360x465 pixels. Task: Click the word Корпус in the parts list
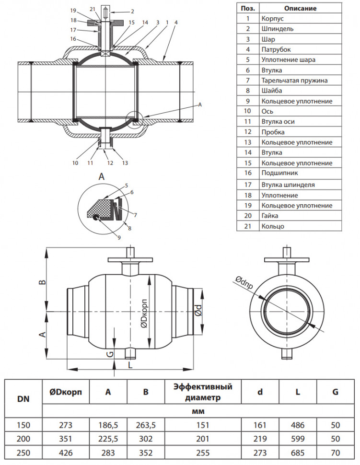pyautogui.click(x=273, y=19)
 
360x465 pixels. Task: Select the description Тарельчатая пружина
pyautogui.click(x=294, y=81)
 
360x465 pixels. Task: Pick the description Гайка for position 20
pyautogui.click(x=270, y=216)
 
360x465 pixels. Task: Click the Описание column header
pyautogui.click(x=301, y=8)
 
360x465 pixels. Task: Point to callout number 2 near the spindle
pyautogui.click(x=132, y=12)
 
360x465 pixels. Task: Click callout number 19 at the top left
pyautogui.click(x=73, y=11)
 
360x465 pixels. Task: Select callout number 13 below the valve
pyautogui.click(x=125, y=163)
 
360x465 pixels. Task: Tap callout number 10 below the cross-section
pyautogui.click(x=75, y=163)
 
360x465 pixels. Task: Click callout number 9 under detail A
pyautogui.click(x=119, y=238)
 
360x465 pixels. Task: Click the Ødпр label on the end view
pyautogui.click(x=244, y=282)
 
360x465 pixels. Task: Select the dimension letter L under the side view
pyautogui.click(x=130, y=365)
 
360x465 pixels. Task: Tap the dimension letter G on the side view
pyautogui.click(x=110, y=354)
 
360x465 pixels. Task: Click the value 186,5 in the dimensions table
pyautogui.click(x=108, y=425)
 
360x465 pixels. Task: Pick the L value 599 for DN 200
pyautogui.click(x=298, y=439)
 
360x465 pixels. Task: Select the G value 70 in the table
pyautogui.click(x=336, y=453)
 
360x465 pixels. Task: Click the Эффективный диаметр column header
pyautogui.click(x=203, y=392)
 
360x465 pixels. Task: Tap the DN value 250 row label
pyautogui.click(x=23, y=453)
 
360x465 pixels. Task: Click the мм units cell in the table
pyautogui.click(x=198, y=411)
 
